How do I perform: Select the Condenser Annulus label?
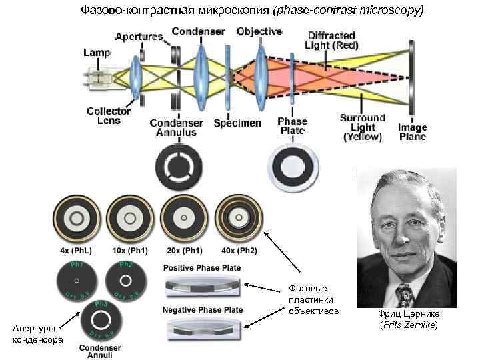177,127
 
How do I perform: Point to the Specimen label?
237,123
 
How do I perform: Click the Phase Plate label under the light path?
292,126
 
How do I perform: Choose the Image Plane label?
413,132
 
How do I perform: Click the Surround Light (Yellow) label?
363,127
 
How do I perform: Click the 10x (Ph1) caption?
130,251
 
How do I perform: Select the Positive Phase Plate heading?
203,268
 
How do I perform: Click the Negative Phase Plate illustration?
203,328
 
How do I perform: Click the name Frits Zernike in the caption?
409,325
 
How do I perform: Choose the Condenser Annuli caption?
100,351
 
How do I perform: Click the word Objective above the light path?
259,31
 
